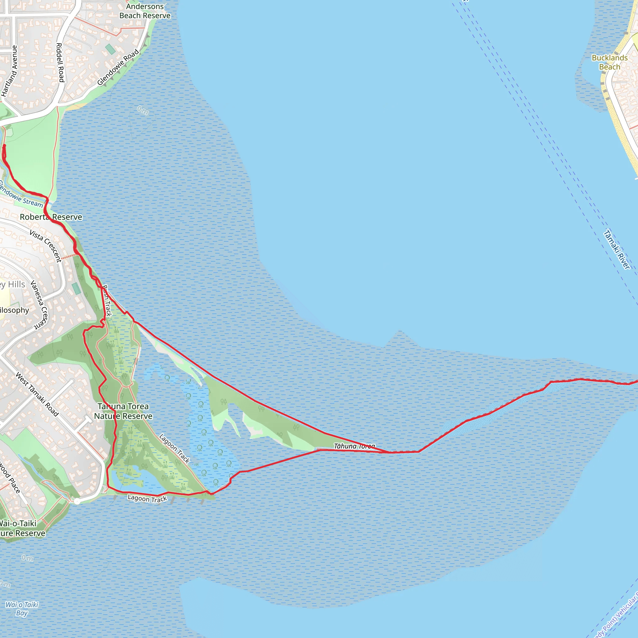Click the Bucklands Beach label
point(609,62)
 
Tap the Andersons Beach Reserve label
point(145,11)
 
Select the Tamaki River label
point(617,250)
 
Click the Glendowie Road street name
point(118,67)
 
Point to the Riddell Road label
point(60,62)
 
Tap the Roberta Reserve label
point(51,217)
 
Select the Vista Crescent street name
point(45,246)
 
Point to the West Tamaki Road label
point(37,394)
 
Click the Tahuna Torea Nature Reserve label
point(123,411)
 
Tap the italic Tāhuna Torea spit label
point(354,446)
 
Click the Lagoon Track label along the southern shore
point(147,499)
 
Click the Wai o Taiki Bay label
point(22,609)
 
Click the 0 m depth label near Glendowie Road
point(143,110)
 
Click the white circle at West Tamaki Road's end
point(77,502)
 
